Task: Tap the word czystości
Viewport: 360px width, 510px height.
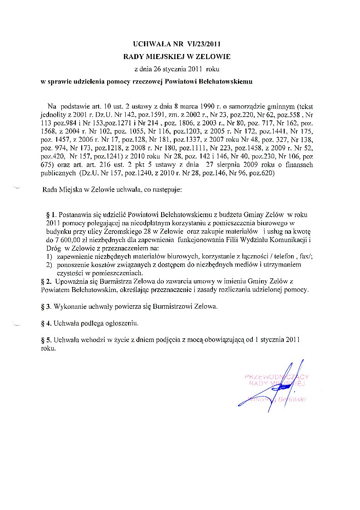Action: coord(70,273)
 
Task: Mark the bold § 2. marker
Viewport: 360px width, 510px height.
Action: coord(45,281)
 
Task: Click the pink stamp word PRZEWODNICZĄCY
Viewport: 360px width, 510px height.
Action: coord(276,376)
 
